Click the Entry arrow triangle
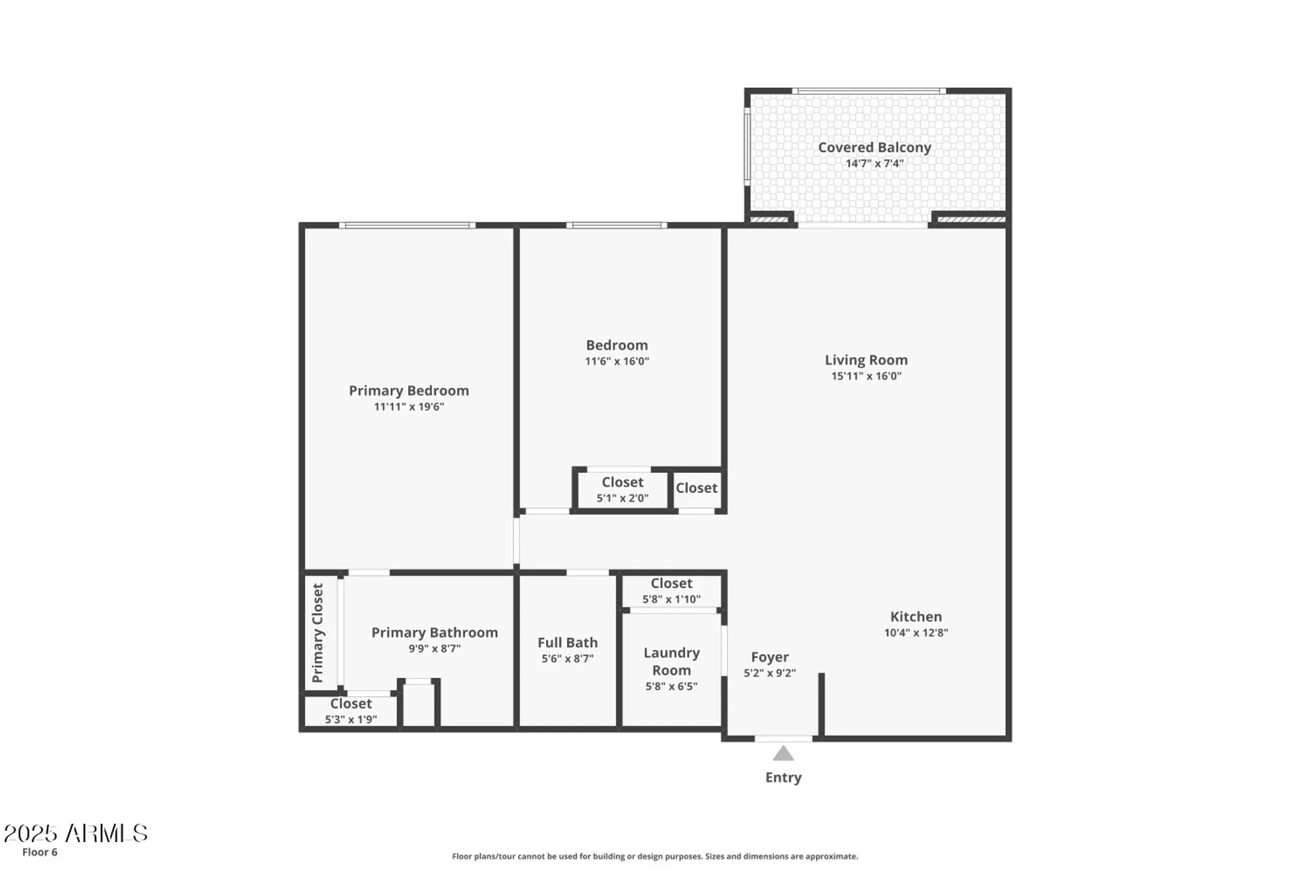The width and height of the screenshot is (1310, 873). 783,754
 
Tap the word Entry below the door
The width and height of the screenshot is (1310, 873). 783,777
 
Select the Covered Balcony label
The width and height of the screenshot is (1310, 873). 874,147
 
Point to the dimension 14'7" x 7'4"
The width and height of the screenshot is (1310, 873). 874,164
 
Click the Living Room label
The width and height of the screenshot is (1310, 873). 865,360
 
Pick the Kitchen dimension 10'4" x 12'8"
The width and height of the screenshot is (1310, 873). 915,633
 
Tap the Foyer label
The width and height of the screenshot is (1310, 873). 769,657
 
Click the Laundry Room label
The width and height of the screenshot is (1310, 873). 671,661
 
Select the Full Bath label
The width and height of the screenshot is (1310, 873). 567,642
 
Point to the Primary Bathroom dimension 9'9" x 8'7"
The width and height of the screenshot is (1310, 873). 434,649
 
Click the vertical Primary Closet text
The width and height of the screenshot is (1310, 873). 318,633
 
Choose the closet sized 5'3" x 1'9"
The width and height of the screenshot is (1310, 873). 350,711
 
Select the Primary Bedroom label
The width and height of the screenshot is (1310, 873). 408,390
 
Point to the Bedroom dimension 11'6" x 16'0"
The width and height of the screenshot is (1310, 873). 616,362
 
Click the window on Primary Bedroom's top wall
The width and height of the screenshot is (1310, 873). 407,225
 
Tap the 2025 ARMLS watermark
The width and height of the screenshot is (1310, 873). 75,833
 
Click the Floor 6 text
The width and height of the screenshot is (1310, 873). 39,852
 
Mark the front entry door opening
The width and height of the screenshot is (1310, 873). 783,739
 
